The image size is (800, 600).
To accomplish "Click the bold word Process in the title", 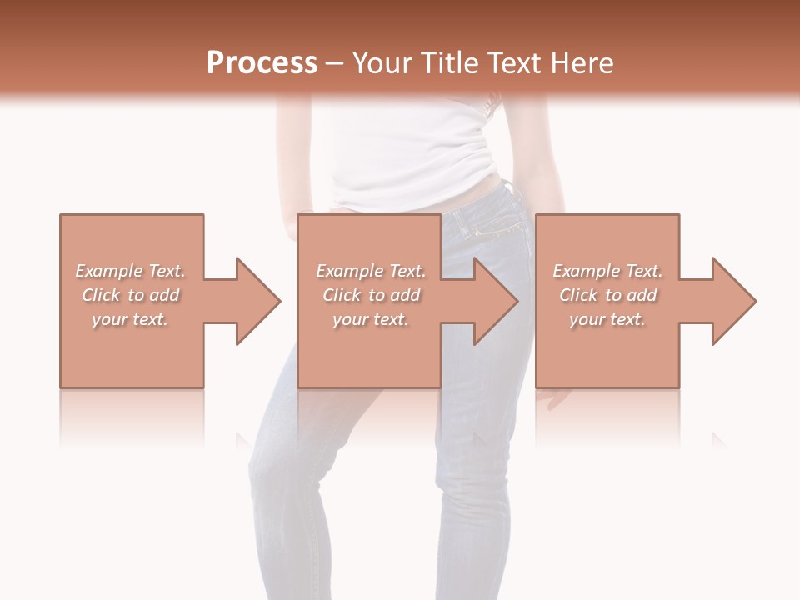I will [x=262, y=63].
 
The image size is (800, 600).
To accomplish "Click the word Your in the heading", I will [x=384, y=63].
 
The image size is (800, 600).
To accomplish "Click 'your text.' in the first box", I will [x=130, y=319].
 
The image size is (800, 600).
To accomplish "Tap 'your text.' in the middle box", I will [x=370, y=319].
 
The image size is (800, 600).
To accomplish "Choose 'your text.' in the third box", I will [x=607, y=319].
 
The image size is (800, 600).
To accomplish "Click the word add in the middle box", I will [x=405, y=295].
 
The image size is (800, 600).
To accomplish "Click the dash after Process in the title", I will [x=335, y=63].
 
